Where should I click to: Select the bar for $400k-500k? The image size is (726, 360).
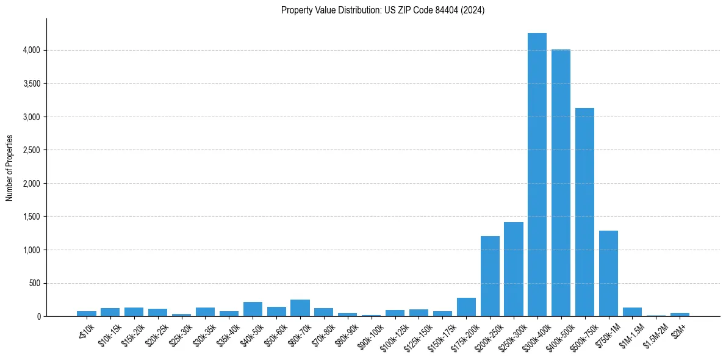pos(561,183)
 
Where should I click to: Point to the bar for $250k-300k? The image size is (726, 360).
pos(514,269)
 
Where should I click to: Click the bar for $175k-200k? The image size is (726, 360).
pos(466,307)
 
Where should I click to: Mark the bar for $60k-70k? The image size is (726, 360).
pos(300,308)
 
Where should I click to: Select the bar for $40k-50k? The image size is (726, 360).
pos(253,309)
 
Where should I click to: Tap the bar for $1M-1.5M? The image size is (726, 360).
pos(632,312)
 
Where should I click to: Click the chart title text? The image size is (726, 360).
pos(383,10)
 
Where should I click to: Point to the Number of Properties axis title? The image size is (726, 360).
pos(10,168)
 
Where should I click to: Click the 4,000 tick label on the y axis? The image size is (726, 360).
pos(31,50)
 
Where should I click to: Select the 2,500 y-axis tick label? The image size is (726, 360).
pos(31,150)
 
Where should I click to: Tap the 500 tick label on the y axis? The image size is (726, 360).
pos(34,283)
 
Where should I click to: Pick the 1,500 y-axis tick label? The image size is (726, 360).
pos(31,217)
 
